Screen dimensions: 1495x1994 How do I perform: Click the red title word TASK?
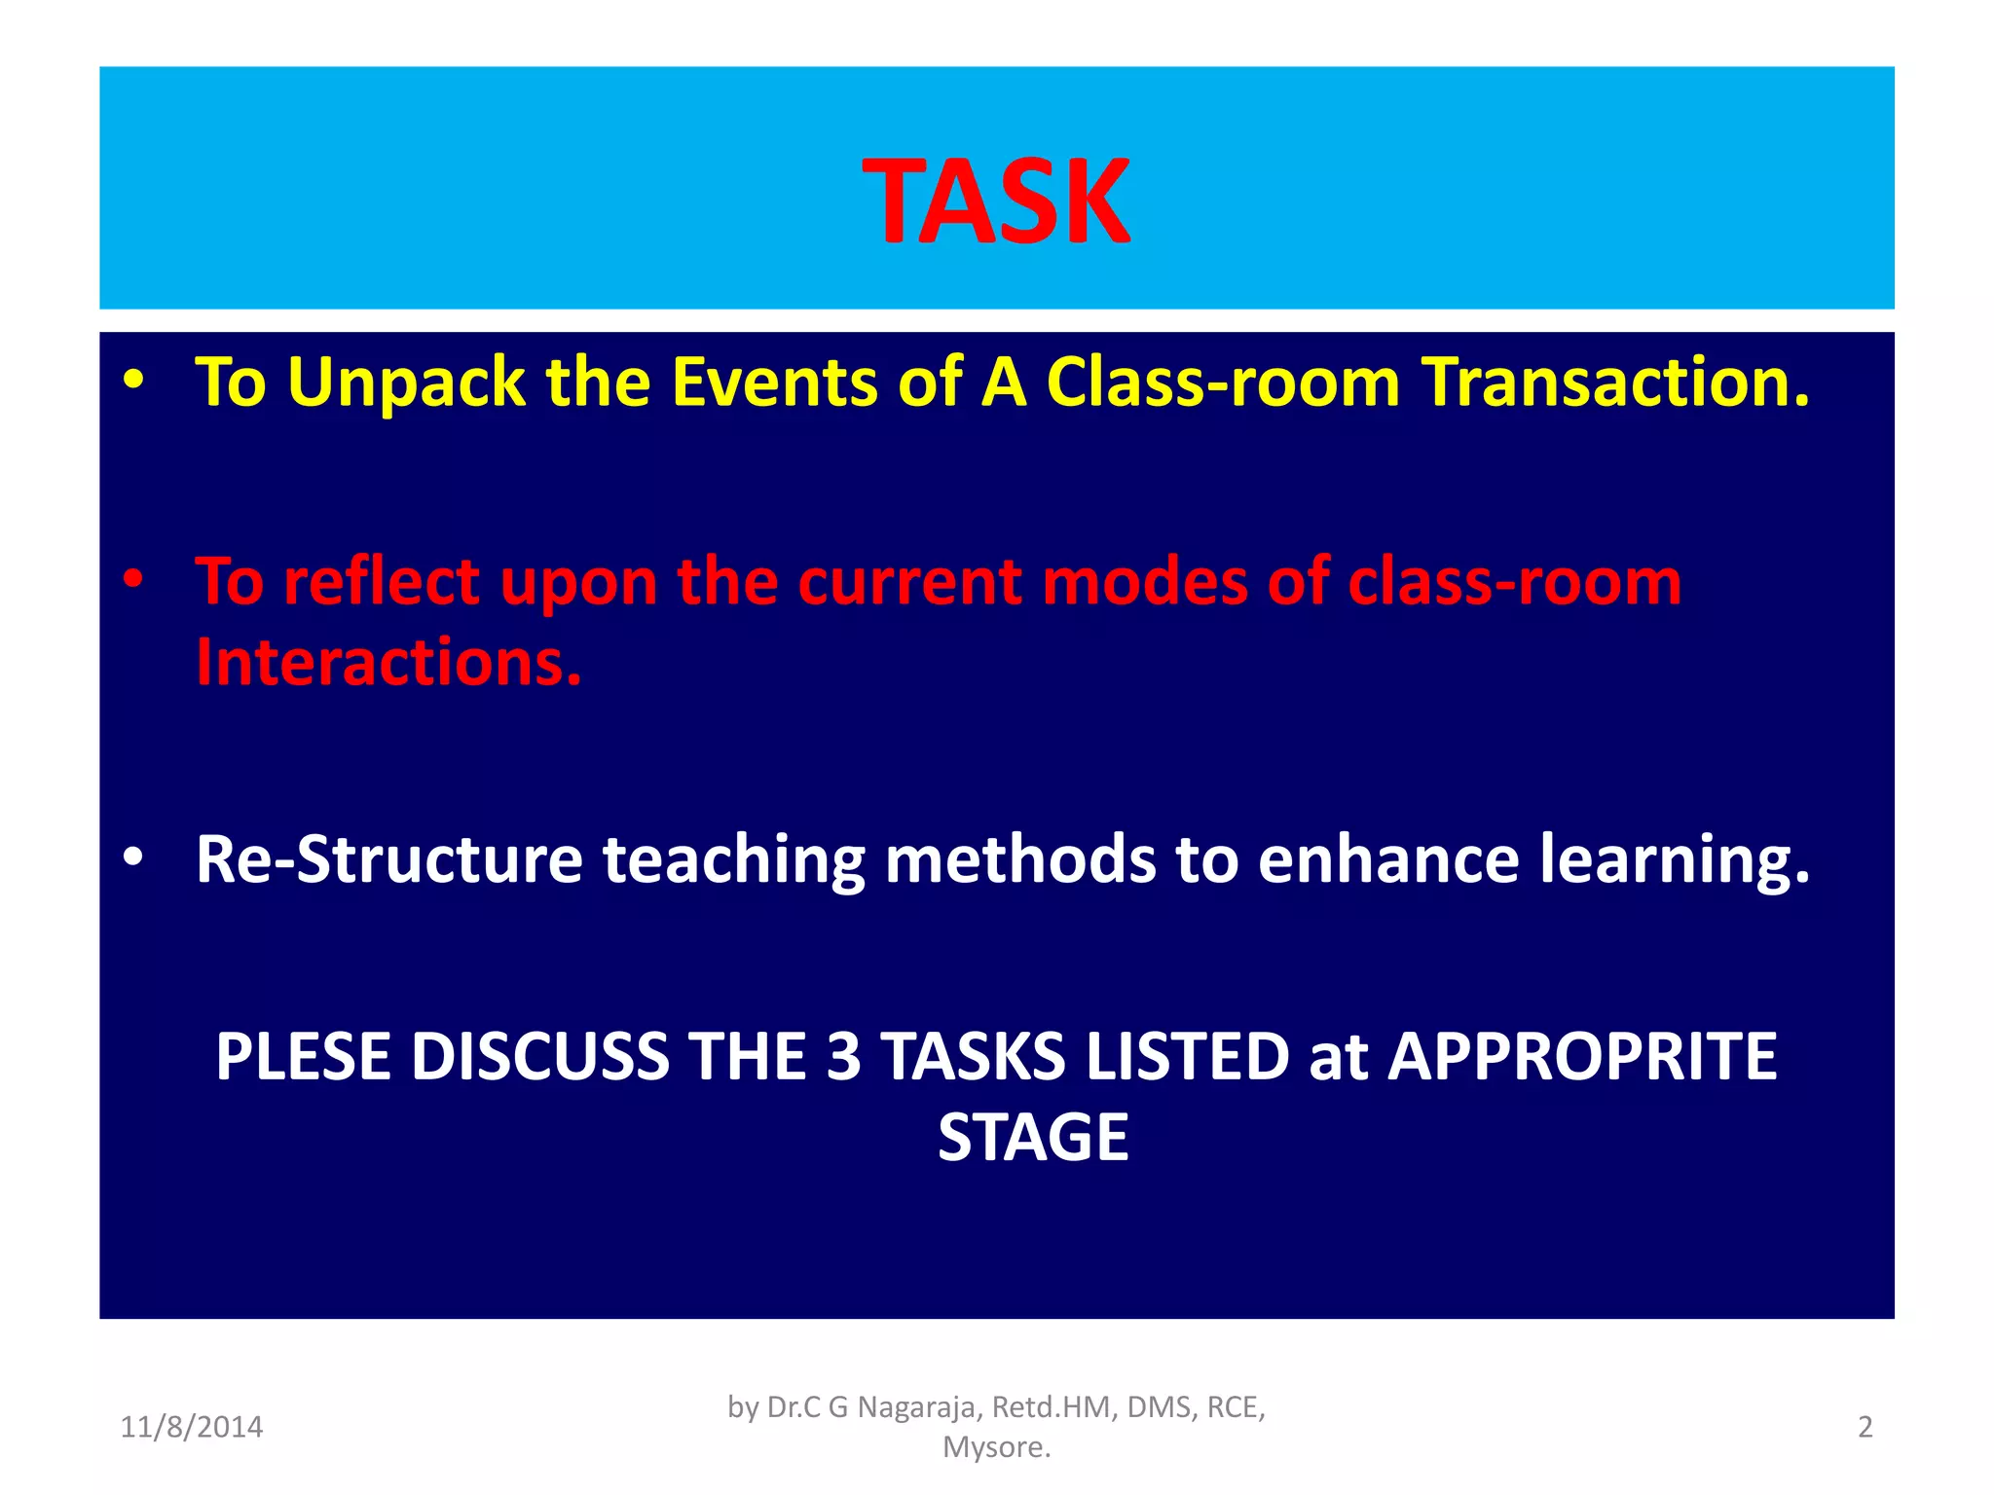[996, 202]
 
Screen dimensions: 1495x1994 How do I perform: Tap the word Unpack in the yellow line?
[406, 383]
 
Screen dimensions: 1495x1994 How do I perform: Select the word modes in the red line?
[1145, 582]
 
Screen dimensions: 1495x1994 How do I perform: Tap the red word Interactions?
[388, 663]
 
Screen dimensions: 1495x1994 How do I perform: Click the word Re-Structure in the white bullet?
[388, 859]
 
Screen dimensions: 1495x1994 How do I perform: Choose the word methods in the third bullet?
[1018, 859]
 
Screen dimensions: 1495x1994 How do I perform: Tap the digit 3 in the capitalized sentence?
[843, 1057]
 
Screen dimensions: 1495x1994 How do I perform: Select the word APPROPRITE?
[1582, 1057]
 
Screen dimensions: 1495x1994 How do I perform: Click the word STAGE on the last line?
[1033, 1138]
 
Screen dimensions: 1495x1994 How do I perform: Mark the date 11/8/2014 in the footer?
[192, 1427]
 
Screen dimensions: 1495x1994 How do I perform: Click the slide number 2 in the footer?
[1865, 1427]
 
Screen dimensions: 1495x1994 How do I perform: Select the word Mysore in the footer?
[994, 1447]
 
